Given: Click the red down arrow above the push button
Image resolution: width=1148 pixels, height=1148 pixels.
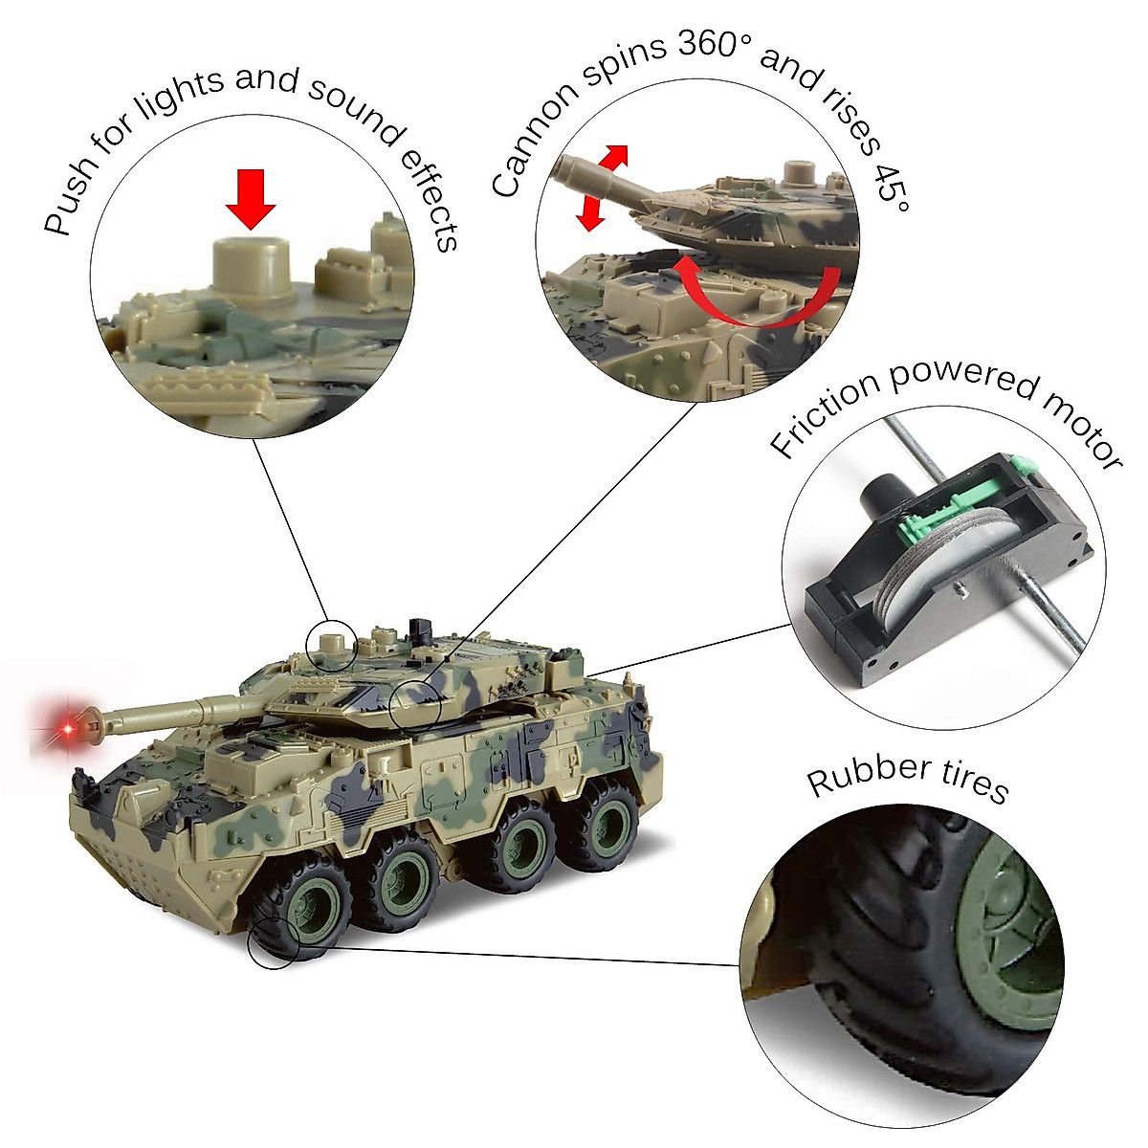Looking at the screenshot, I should tap(251, 198).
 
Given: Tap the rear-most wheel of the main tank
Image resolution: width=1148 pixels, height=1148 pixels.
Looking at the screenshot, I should tap(605, 819).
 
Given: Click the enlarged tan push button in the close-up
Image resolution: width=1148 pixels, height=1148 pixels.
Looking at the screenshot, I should tap(251, 267).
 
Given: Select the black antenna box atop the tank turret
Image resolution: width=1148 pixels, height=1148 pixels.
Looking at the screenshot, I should tap(417, 629).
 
